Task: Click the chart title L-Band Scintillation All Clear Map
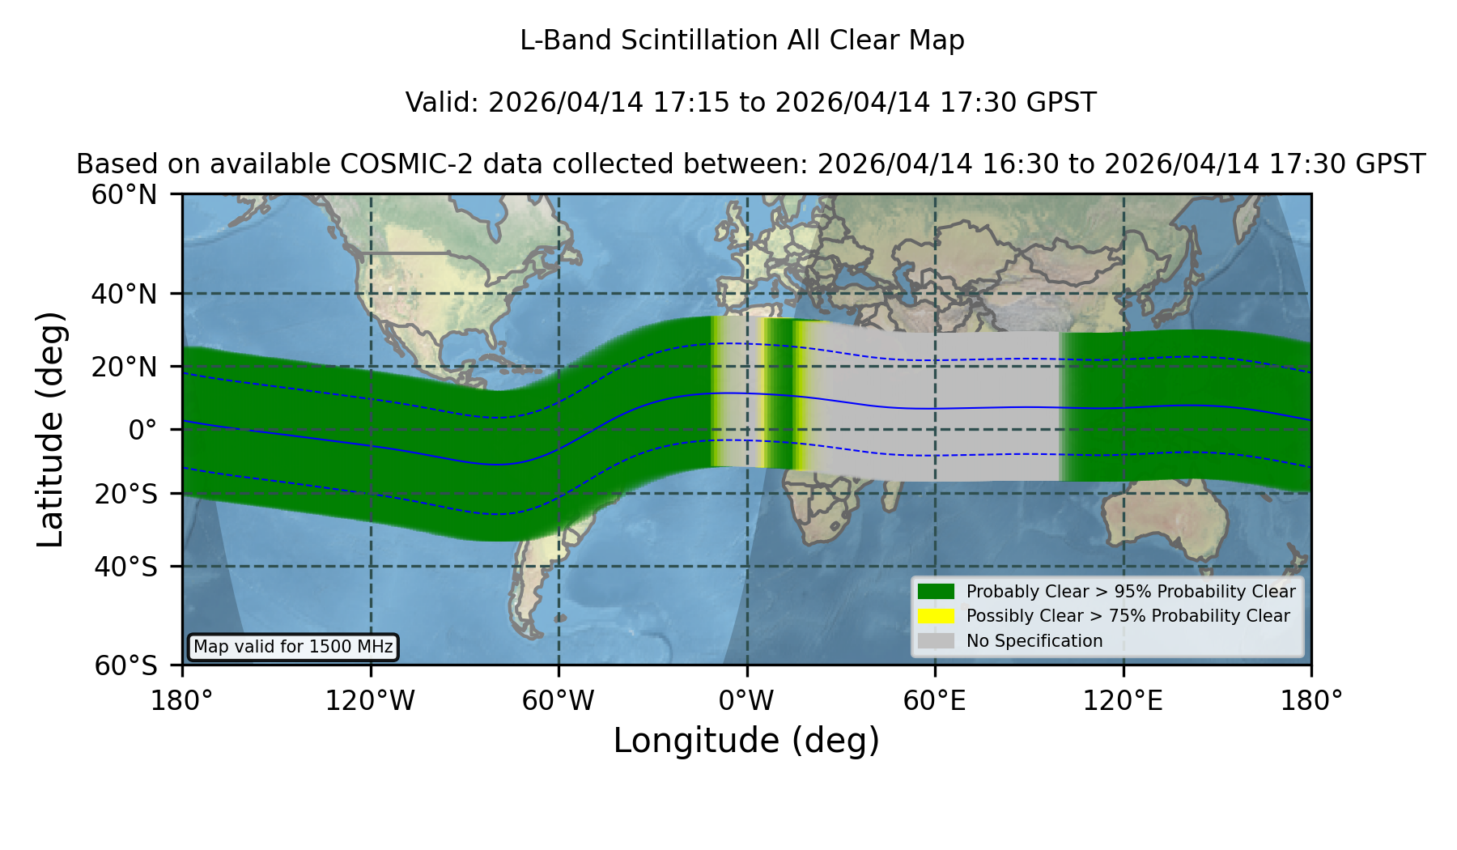pyautogui.click(x=741, y=40)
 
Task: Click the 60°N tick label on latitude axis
pyautogui.click(x=125, y=194)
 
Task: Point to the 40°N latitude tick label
pyautogui.click(x=125, y=294)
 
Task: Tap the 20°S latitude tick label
pyautogui.click(x=126, y=494)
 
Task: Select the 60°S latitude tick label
pyautogui.click(x=126, y=665)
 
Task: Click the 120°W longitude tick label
pyautogui.click(x=370, y=700)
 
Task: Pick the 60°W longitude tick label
pyautogui.click(x=559, y=700)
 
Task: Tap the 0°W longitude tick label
pyautogui.click(x=746, y=700)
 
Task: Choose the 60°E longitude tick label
pyautogui.click(x=935, y=700)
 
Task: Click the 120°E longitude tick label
pyautogui.click(x=1123, y=700)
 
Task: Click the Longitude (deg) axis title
pyautogui.click(x=746, y=741)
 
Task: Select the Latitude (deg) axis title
pyautogui.click(x=50, y=429)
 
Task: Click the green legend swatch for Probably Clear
pyautogui.click(x=936, y=591)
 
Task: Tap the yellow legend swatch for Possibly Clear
pyautogui.click(x=936, y=616)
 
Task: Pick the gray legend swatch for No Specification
pyautogui.click(x=936, y=641)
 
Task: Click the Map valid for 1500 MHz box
pyautogui.click(x=293, y=647)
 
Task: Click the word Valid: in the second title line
pyautogui.click(x=443, y=103)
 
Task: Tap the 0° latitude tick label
pyautogui.click(x=142, y=430)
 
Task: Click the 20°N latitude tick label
pyautogui.click(x=125, y=367)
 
